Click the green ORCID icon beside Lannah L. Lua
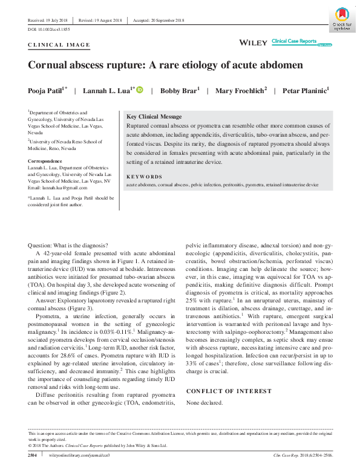pyautogui.click(x=140, y=90)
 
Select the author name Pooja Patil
pyautogui.click(x=46, y=91)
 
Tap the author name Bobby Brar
pyautogui.click(x=178, y=91)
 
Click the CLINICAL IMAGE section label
pyautogui.click(x=59, y=45)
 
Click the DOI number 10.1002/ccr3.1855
pyautogui.click(x=49, y=29)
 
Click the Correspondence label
pyautogui.click(x=45, y=161)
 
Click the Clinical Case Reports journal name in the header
pyautogui.click(x=294, y=41)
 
